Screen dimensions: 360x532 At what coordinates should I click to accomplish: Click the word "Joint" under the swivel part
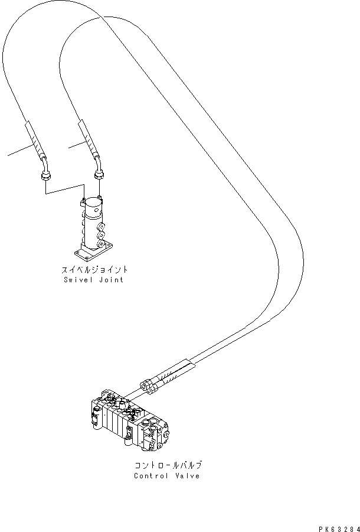pos(110,280)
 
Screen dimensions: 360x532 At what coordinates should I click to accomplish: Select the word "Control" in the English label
pos(150,476)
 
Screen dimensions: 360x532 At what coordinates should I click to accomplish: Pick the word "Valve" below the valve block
pos(186,476)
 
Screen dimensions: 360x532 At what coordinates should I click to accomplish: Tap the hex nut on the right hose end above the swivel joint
pos(99,174)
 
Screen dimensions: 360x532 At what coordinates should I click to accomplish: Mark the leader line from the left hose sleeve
pos(18,151)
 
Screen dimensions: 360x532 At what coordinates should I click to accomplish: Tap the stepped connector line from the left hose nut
pos(65,192)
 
